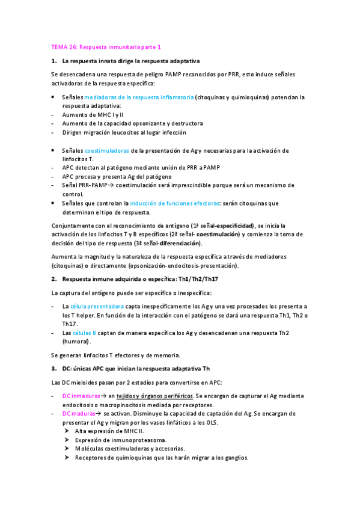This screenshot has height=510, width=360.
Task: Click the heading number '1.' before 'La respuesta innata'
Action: [54, 62]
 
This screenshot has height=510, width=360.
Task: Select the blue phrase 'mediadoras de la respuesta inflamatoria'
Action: [139, 97]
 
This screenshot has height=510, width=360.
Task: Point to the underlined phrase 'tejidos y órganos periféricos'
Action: [153, 396]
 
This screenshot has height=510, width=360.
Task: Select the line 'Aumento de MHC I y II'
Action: [93, 114]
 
